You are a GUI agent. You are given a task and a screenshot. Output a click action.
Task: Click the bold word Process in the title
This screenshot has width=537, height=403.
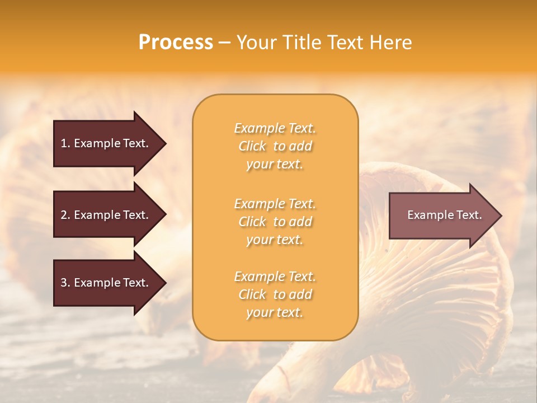click(176, 43)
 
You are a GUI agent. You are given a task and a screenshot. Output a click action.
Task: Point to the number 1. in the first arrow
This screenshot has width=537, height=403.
click(65, 143)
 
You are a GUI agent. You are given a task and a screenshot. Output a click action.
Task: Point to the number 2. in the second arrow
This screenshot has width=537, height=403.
click(65, 215)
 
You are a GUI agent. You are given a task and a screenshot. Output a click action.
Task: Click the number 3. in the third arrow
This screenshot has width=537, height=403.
click(65, 283)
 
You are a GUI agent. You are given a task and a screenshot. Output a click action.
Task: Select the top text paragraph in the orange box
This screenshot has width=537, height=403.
click(275, 146)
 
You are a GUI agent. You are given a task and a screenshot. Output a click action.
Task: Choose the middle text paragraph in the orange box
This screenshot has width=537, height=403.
click(275, 221)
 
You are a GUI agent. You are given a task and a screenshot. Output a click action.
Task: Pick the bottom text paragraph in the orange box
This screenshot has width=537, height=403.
click(275, 294)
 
